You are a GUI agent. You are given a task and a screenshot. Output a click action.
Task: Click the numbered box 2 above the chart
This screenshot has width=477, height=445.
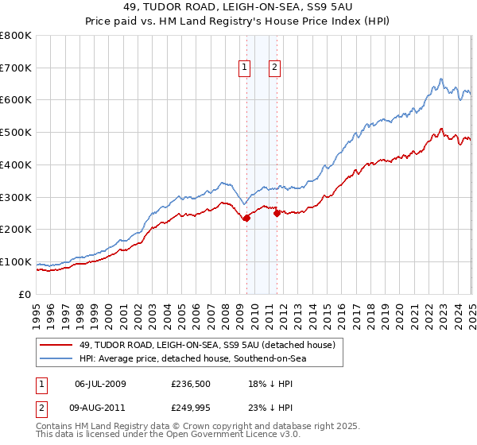click(273, 68)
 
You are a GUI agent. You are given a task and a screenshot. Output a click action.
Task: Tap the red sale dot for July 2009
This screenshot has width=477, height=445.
click(246, 218)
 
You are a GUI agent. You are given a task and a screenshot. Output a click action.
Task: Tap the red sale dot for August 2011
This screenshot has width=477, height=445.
click(277, 213)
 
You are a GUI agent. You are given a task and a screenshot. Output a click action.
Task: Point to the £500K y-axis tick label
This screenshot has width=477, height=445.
click(16, 133)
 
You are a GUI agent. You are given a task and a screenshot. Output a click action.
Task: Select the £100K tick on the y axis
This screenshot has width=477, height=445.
click(16, 261)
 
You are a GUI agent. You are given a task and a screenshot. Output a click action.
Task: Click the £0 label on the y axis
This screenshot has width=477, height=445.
click(25, 294)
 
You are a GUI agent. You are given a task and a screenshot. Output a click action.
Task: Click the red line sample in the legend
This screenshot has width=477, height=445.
click(56, 345)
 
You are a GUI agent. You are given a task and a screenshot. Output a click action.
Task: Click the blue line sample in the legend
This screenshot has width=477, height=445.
click(56, 359)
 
